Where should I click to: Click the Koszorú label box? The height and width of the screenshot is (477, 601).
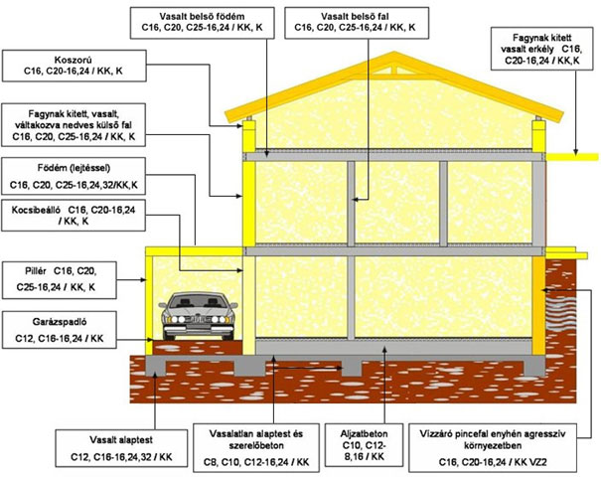(x=74, y=66)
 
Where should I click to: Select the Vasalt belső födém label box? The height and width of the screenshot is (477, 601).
(x=203, y=23)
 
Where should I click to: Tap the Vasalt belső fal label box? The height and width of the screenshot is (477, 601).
(x=357, y=23)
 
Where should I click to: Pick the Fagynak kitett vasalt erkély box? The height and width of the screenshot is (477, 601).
(x=542, y=49)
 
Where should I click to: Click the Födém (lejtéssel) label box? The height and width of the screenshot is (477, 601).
(x=74, y=177)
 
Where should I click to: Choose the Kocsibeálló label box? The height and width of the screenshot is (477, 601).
(x=74, y=215)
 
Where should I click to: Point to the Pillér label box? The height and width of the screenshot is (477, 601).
(x=60, y=280)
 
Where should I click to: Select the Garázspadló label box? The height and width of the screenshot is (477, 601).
(x=60, y=330)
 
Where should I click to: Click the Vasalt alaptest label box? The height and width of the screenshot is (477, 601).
(x=121, y=448)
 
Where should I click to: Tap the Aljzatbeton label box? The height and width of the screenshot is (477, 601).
(x=364, y=445)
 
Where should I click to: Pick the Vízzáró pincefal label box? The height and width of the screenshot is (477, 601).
(x=493, y=448)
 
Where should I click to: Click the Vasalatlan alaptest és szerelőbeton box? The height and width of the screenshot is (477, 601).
(x=256, y=448)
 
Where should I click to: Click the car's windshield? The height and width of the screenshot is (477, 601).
(x=197, y=301)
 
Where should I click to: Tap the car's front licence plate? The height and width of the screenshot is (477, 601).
(x=198, y=319)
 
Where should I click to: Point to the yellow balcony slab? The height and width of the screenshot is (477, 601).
(x=572, y=157)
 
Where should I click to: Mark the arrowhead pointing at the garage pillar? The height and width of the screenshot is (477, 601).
(x=143, y=280)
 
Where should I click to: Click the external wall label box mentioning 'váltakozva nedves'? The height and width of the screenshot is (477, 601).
(x=74, y=125)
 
